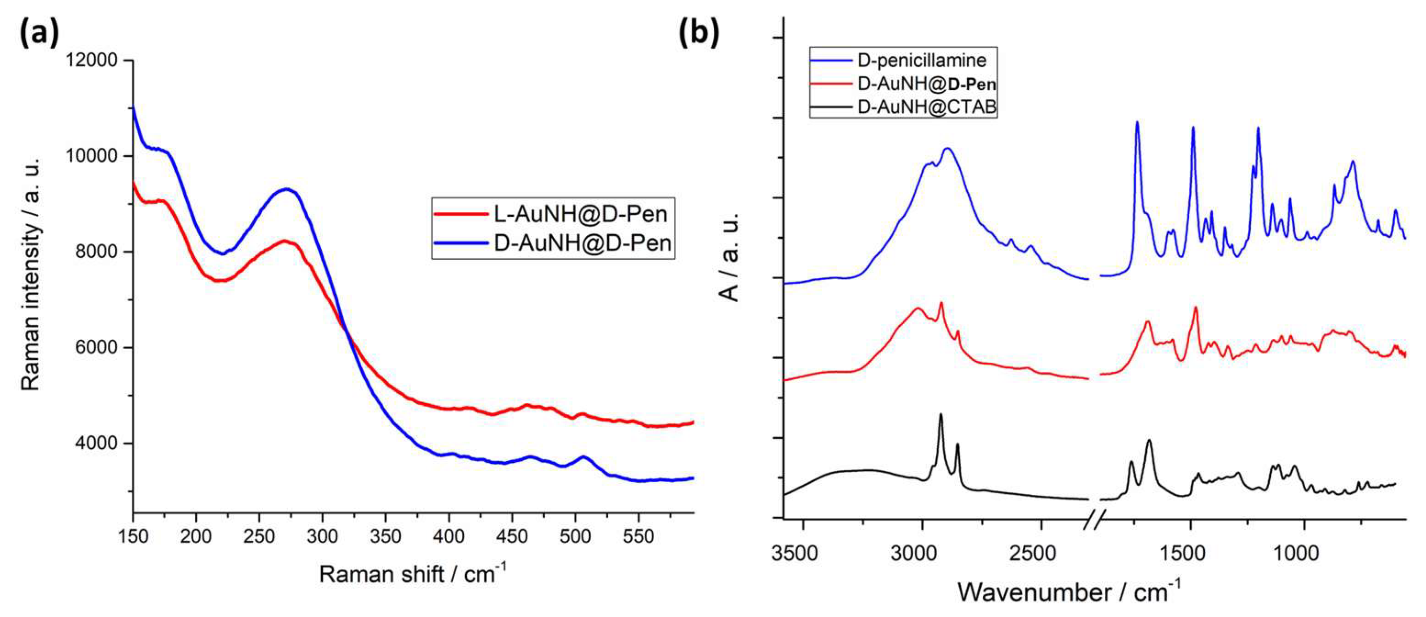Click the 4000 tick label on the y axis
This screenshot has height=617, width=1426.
pos(98,443)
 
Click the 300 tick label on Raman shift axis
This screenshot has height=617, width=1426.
pos(323,537)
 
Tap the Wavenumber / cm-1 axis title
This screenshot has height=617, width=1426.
pos(1068,592)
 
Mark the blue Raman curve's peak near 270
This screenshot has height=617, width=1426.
pos(286,189)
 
